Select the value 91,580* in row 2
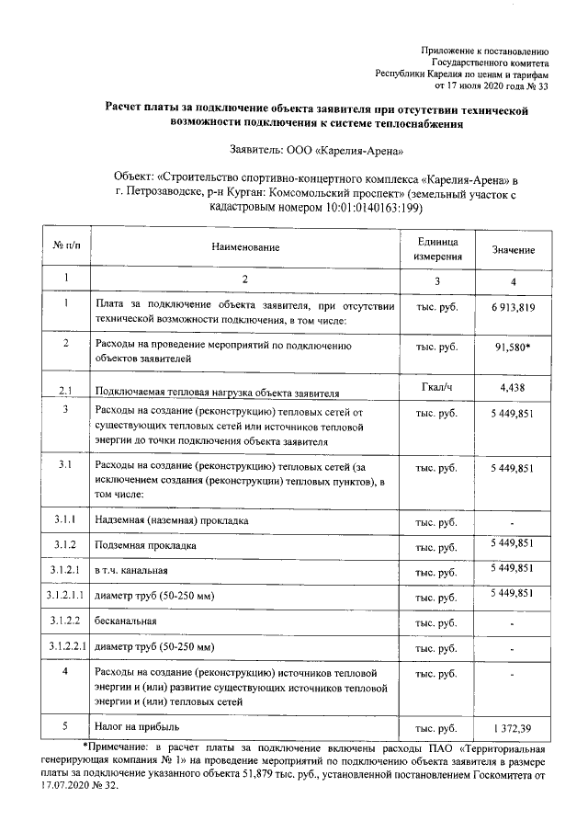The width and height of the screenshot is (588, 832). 514,347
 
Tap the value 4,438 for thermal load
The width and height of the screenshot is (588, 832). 513,388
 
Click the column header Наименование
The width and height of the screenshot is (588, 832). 245,248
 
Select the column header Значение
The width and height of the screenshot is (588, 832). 514,250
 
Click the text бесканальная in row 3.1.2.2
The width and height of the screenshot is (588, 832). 126,621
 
